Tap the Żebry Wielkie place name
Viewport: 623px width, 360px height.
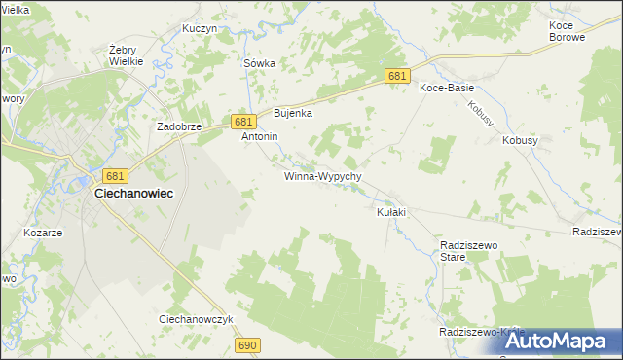coord(127,54)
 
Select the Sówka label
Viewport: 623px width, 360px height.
coord(259,63)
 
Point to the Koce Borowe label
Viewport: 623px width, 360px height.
coord(567,30)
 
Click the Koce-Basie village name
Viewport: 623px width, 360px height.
coord(446,88)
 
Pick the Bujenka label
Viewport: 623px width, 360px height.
coord(292,113)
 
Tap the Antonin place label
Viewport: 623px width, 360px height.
coord(260,137)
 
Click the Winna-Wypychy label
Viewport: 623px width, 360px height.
coord(323,177)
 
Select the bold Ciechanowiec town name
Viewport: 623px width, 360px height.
coord(133,194)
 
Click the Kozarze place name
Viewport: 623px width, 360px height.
coord(44,234)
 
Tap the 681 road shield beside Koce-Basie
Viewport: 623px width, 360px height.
coord(396,76)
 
